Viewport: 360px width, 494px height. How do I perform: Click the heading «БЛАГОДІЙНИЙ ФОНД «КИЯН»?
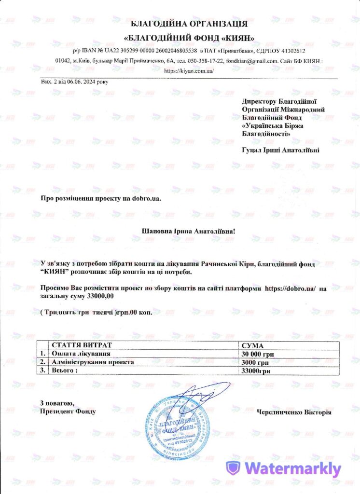[x=189, y=38]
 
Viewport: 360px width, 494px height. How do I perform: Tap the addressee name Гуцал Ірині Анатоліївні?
[x=280, y=150]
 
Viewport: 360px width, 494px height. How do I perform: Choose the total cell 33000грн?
[x=255, y=370]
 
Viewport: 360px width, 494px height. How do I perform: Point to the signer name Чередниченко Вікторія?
[x=294, y=412]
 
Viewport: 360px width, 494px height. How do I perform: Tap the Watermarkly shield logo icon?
[x=234, y=468]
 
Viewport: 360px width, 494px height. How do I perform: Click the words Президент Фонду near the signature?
[x=68, y=411]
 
